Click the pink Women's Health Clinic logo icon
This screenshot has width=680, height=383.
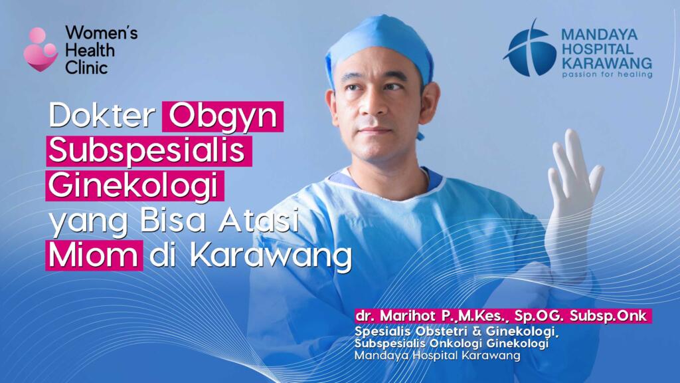[41, 49]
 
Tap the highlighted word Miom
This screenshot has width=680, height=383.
[94, 255]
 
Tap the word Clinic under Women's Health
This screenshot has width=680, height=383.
[86, 67]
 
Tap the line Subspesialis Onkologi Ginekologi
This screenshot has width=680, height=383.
[452, 343]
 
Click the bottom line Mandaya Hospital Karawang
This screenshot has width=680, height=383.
[438, 356]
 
